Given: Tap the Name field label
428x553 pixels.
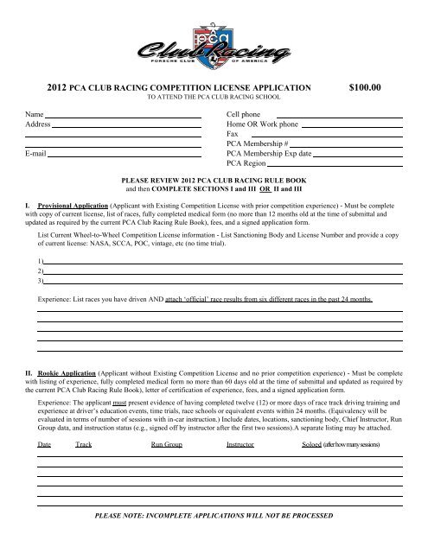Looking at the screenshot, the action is (34, 113).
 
